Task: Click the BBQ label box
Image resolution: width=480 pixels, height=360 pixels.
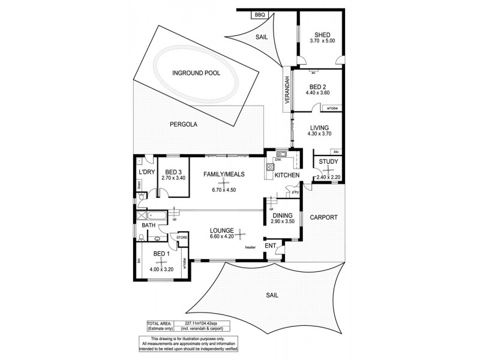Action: click(244, 14)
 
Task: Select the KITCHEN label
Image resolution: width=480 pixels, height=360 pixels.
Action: click(287, 175)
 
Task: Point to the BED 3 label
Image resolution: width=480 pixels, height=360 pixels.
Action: click(174, 170)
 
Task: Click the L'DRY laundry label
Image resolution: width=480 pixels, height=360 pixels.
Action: click(146, 172)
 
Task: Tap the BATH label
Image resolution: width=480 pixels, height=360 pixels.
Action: click(148, 226)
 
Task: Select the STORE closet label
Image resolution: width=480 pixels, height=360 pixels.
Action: click(182, 238)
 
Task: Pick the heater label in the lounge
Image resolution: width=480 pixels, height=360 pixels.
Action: click(251, 247)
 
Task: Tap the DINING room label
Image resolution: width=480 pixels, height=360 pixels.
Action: click(281, 215)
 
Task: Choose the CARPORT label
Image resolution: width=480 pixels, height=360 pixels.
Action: click(323, 217)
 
